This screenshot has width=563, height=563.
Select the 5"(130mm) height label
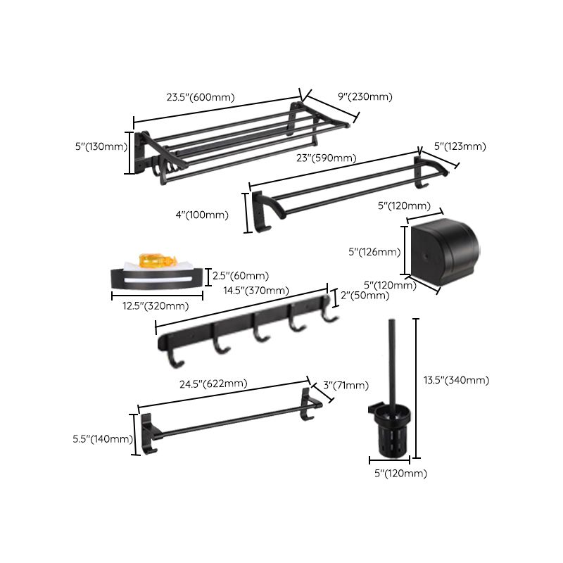click(100, 147)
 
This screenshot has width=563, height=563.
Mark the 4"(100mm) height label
click(201, 215)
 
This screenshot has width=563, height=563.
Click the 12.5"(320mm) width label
click(151, 306)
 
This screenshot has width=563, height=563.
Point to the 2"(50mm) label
click(365, 296)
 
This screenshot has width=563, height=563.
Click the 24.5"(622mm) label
click(213, 384)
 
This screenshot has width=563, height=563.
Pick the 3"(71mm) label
click(346, 385)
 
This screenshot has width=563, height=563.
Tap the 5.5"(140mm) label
click(103, 439)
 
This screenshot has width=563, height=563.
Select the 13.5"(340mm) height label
click(456, 380)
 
